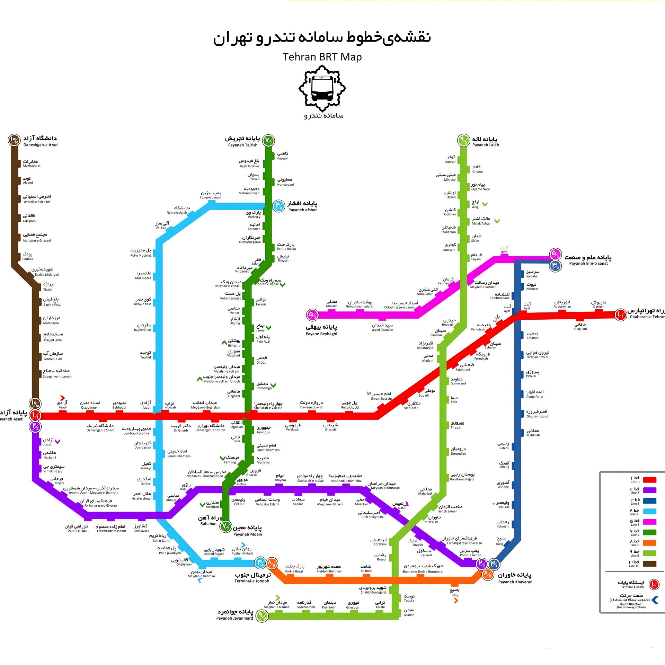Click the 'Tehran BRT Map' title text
pyautogui.click(x=322, y=57)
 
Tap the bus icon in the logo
pyautogui.click(x=322, y=88)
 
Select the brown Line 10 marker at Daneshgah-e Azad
pyautogui.click(x=15, y=140)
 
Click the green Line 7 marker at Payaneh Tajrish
pyautogui.click(x=268, y=140)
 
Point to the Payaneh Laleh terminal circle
pyautogui.click(x=463, y=140)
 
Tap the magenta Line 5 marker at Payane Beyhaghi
pyautogui.click(x=312, y=315)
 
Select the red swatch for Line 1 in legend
pyautogui.click(x=649, y=480)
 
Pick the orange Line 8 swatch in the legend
pyautogui.click(x=649, y=543)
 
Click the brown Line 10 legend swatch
pyautogui.click(x=649, y=564)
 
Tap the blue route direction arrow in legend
pyautogui.click(x=655, y=600)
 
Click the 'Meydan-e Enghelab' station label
pyautogui.click(x=205, y=405)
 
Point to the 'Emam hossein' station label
pyautogui.click(x=381, y=396)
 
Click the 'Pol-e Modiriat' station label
pyautogui.click(x=141, y=253)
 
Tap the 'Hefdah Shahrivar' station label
pyautogui.click(x=329, y=569)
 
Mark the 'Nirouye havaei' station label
pyautogui.click(x=537, y=354)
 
